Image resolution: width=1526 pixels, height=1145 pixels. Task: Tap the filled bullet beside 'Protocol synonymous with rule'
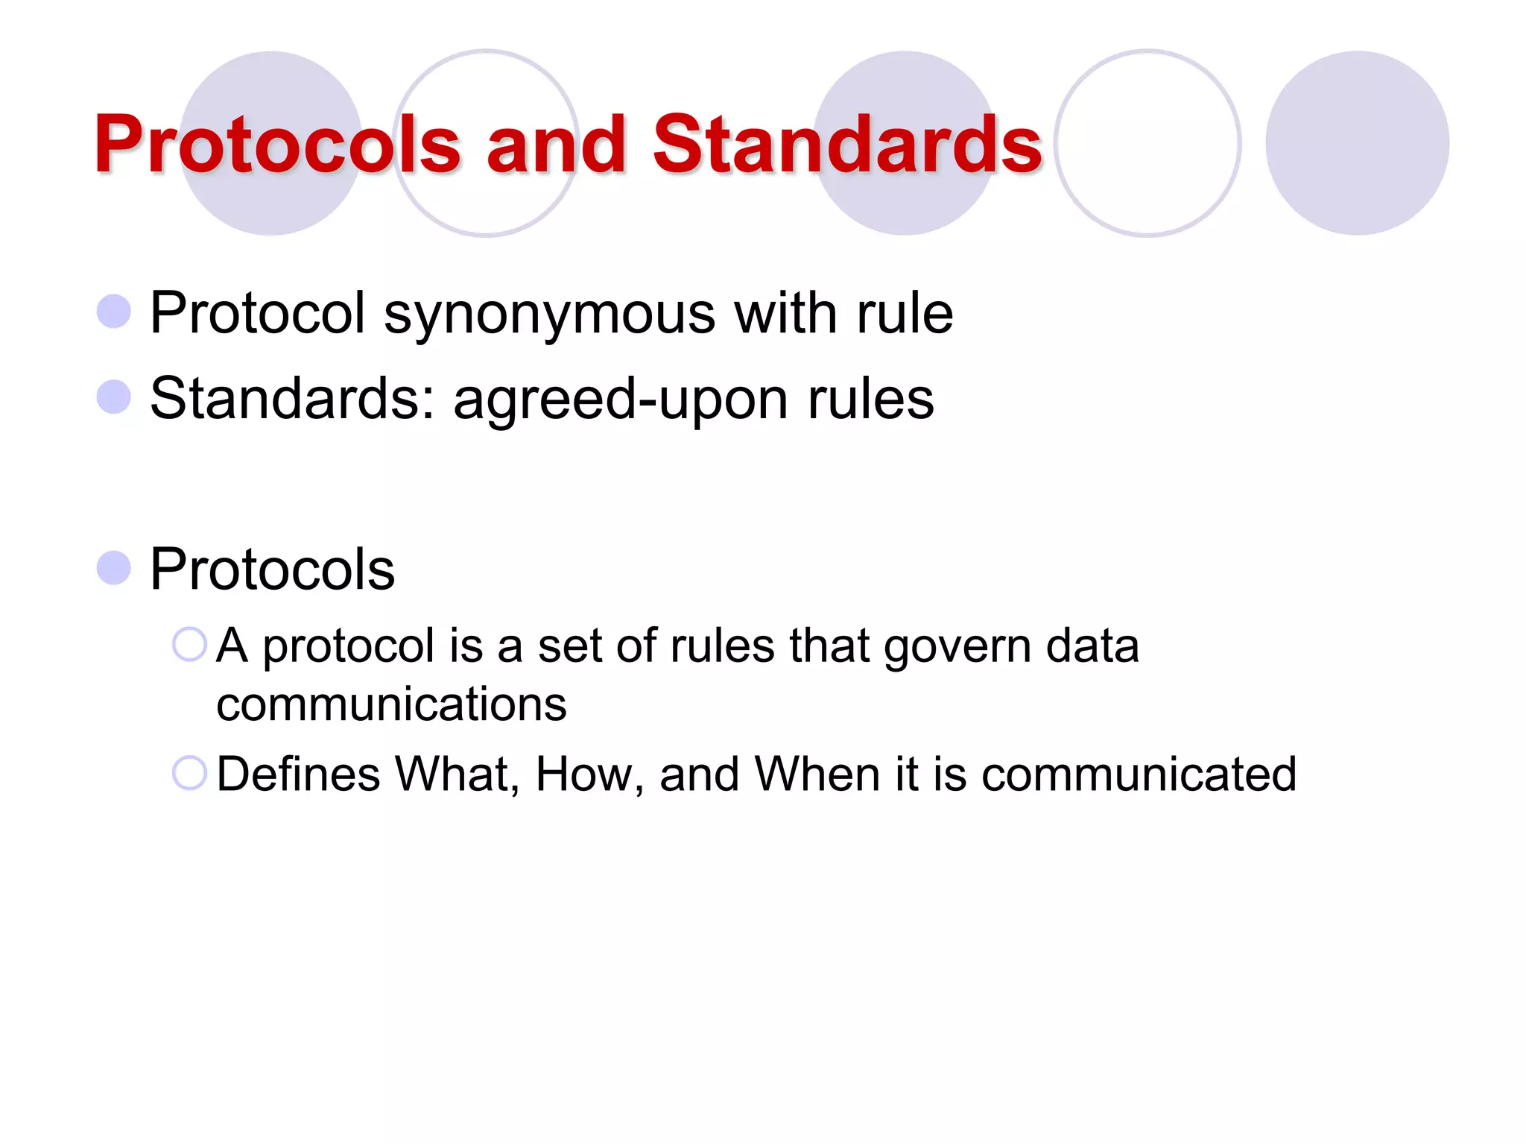pyautogui.click(x=114, y=312)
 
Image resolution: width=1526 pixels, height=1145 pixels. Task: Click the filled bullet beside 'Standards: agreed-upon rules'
pyautogui.click(x=114, y=397)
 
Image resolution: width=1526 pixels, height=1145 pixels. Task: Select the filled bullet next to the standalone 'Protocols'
pyautogui.click(x=114, y=568)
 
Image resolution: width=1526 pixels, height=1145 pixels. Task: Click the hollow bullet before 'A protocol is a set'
pyautogui.click(x=189, y=644)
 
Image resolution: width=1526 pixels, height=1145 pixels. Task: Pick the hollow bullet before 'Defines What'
pyautogui.click(x=189, y=773)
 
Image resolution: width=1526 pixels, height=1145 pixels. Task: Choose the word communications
pyautogui.click(x=391, y=704)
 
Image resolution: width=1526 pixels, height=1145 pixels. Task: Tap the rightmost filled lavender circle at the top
pyautogui.click(x=1357, y=143)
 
